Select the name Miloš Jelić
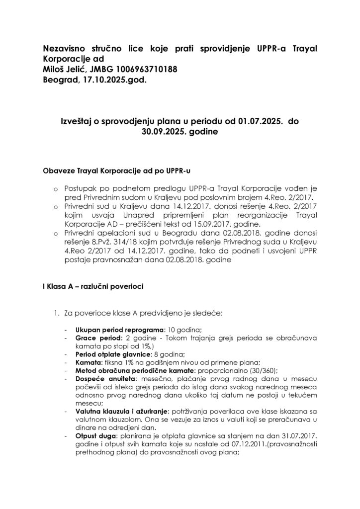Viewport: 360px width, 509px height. point(65,69)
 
